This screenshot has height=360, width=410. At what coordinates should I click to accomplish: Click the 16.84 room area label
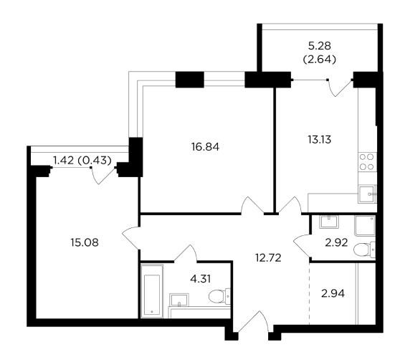tap(205, 147)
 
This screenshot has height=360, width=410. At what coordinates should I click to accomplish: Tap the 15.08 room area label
tap(85, 243)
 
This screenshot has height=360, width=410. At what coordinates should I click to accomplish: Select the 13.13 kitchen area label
tap(319, 140)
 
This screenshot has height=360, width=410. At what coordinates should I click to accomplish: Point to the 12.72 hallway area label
tap(268, 258)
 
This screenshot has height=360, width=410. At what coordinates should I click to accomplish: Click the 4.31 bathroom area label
tap(200, 279)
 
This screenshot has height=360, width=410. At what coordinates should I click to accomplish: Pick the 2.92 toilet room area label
tap(336, 243)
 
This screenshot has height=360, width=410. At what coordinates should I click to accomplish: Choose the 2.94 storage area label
tap(333, 293)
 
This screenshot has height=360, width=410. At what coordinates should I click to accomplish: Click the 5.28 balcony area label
tap(319, 46)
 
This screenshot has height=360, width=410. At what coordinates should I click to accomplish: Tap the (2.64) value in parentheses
tap(319, 60)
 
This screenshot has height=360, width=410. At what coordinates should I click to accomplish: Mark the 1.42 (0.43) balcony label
tap(82, 160)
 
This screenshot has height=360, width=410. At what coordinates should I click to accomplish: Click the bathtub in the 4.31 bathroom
tap(152, 291)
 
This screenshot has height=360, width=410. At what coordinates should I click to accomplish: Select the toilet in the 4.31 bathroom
tap(219, 296)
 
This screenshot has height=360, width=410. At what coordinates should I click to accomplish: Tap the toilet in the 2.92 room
tap(364, 250)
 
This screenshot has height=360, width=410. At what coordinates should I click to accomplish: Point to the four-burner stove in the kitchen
tap(366, 162)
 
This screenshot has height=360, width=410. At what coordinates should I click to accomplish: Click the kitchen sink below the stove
tap(366, 194)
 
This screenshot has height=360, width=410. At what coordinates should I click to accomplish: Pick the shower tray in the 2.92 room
tap(365, 225)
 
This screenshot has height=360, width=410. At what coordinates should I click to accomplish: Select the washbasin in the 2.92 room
tap(329, 222)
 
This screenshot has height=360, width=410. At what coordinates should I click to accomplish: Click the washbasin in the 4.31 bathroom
tap(179, 300)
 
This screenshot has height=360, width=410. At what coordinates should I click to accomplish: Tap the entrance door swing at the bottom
tap(252, 322)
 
